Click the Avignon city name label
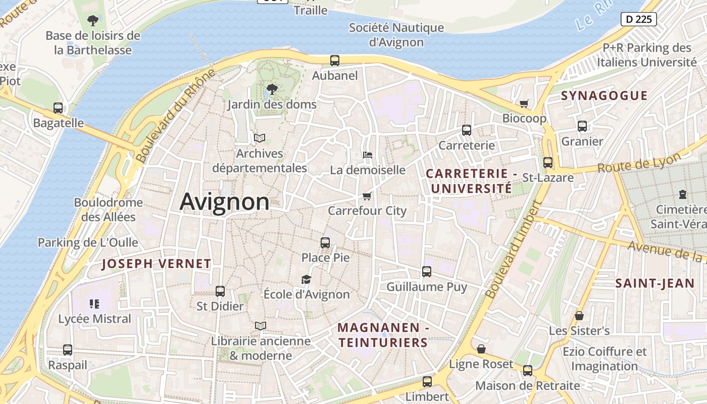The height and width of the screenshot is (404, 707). pyautogui.click(x=225, y=202)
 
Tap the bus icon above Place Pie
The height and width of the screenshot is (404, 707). pyautogui.click(x=325, y=243)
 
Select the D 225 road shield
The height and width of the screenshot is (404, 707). pyautogui.click(x=638, y=19)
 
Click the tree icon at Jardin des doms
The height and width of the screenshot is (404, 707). pyautogui.click(x=272, y=89)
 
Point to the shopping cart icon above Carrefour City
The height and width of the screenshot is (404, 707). pyautogui.click(x=367, y=196)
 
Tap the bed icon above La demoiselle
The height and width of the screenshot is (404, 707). pyautogui.click(x=368, y=155)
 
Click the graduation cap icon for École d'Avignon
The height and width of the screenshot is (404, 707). pyautogui.click(x=306, y=279)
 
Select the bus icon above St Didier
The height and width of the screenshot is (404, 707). pyautogui.click(x=220, y=291)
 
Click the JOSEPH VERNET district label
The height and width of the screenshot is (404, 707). pyautogui.click(x=157, y=264)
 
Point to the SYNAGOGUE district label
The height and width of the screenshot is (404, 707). pyautogui.click(x=604, y=96)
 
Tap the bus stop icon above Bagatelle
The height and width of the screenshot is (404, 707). pyautogui.click(x=58, y=108)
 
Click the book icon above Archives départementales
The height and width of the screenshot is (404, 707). pyautogui.click(x=260, y=138)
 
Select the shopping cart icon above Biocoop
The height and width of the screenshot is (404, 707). pyautogui.click(x=524, y=104)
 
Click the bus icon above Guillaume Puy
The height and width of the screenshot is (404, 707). pyautogui.click(x=427, y=272)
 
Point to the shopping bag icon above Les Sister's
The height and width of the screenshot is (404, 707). pyautogui.click(x=579, y=316)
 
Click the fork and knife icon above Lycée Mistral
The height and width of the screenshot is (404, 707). pyautogui.click(x=94, y=304)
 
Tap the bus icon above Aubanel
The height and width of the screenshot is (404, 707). pyautogui.click(x=335, y=61)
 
